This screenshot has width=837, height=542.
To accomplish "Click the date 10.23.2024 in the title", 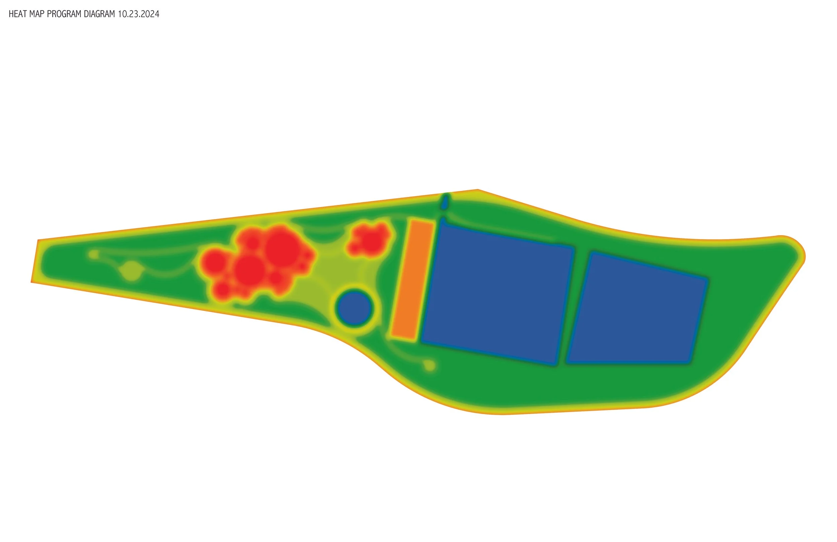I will [x=139, y=14].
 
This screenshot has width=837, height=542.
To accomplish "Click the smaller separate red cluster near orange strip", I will [x=369, y=238].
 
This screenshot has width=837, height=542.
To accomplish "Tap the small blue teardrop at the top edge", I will [x=445, y=202].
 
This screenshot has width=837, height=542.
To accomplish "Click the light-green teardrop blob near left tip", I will [x=132, y=271].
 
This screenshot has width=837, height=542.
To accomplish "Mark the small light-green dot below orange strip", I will [x=430, y=365].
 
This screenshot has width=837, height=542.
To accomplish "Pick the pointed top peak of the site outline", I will [x=477, y=190].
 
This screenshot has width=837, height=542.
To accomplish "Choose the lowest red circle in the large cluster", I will [x=222, y=290].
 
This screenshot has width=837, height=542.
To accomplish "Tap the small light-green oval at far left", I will [x=93, y=254].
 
